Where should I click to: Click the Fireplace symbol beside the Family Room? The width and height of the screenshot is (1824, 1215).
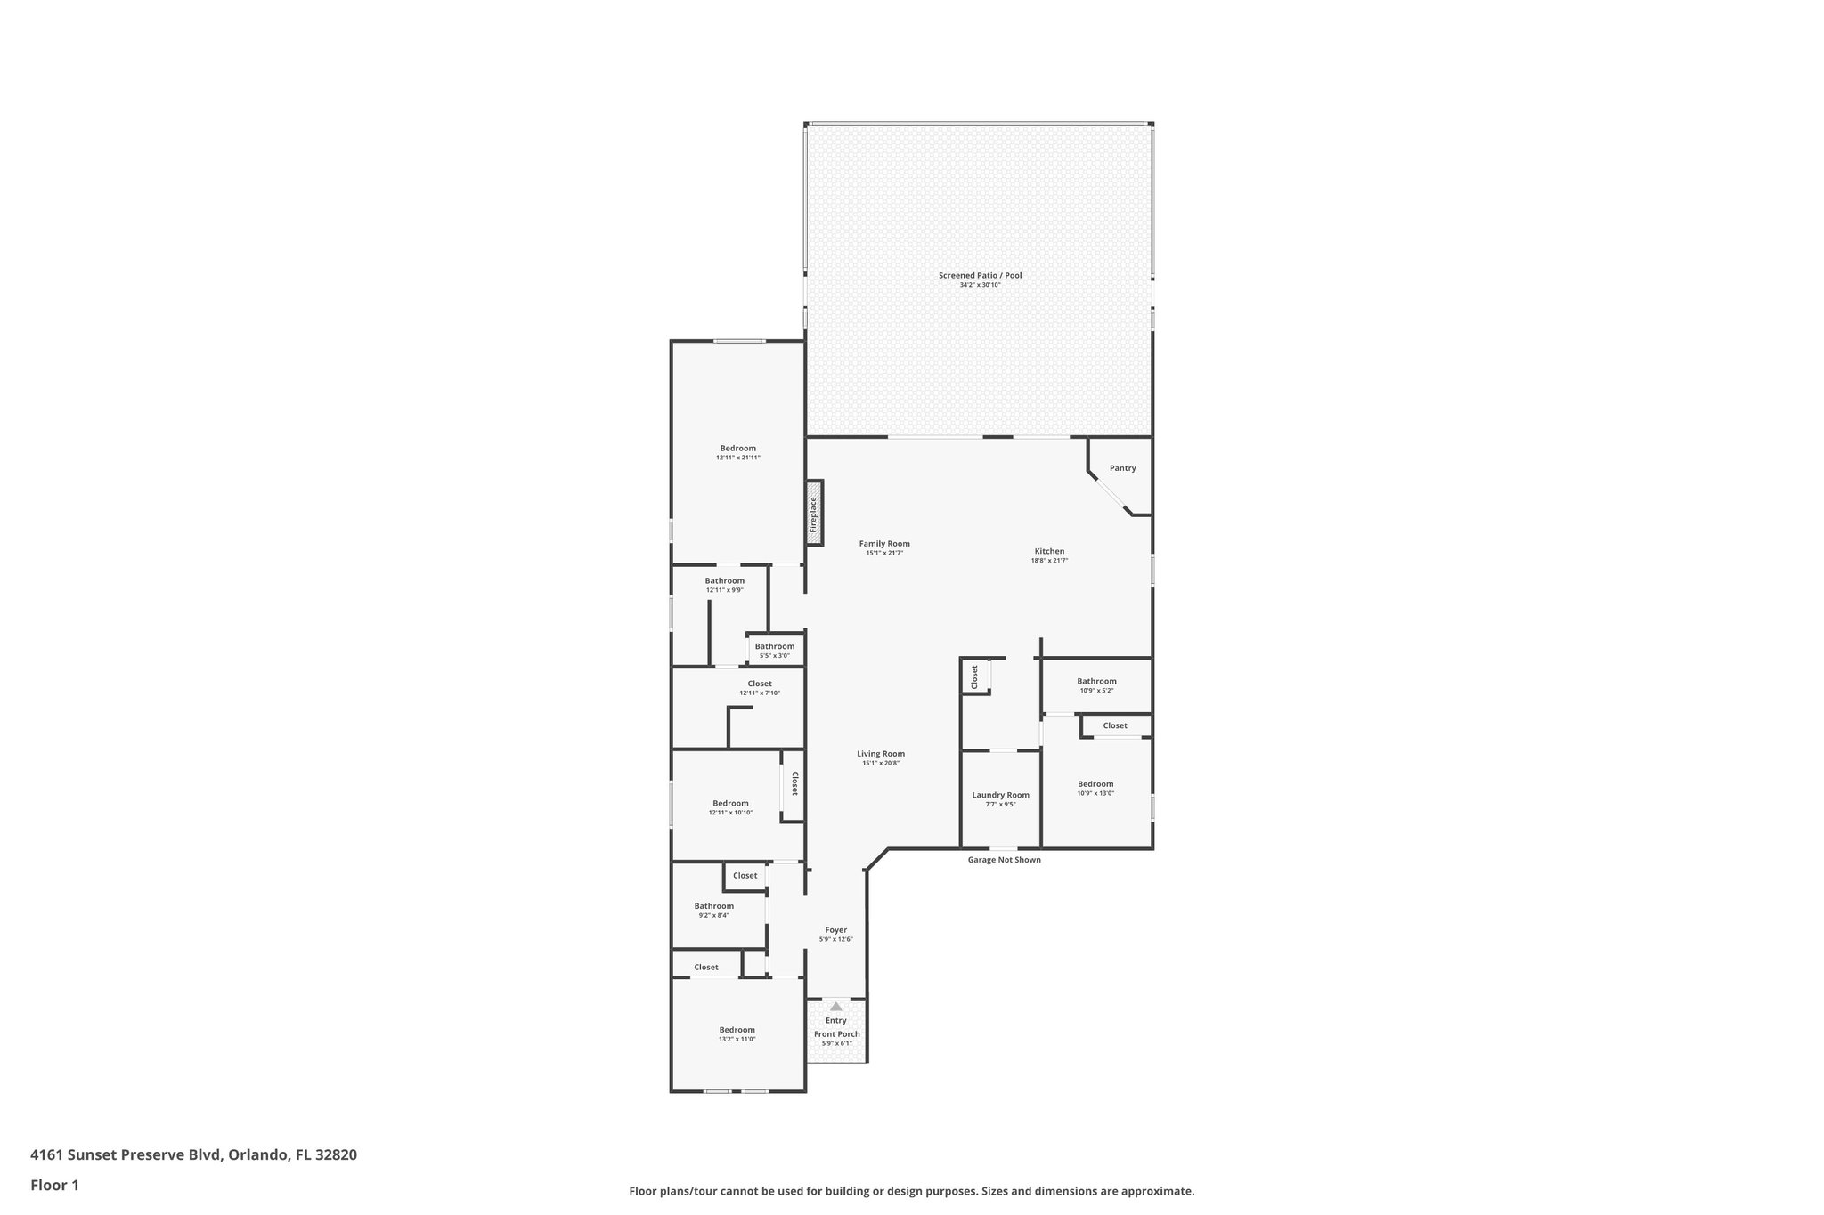coord(814,514)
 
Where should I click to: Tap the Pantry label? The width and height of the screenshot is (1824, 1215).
coord(1122,468)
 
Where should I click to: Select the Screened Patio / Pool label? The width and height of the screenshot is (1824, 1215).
coord(980,276)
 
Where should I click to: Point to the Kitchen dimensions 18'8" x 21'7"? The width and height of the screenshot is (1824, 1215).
coord(1049,561)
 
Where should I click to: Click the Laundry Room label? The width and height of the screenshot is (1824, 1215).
coord(1000,795)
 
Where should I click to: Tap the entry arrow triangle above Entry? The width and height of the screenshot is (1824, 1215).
coord(835,1006)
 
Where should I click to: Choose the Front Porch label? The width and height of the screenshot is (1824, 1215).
coord(836,1034)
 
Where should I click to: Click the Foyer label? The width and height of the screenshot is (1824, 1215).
coord(835,930)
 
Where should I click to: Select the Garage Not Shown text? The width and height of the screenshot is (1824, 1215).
coord(1004,860)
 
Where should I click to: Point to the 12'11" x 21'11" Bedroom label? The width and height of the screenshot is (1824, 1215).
coord(737,449)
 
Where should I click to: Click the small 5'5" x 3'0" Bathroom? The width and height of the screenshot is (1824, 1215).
coord(774,647)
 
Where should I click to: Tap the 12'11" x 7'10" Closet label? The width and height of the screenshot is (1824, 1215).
coord(759,684)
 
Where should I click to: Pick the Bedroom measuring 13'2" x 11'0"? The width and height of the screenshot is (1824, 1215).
coord(737,1030)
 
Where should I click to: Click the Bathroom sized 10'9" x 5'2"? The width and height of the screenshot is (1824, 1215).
coord(1095,682)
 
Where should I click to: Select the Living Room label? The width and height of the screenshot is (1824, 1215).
coord(881,754)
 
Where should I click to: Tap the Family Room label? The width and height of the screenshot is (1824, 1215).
coord(884,544)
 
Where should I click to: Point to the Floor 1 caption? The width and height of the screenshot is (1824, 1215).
coord(54,1186)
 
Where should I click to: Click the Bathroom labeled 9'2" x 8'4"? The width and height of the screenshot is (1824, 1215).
coord(713,906)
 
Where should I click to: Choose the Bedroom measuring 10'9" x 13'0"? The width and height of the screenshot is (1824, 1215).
coord(1095,784)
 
